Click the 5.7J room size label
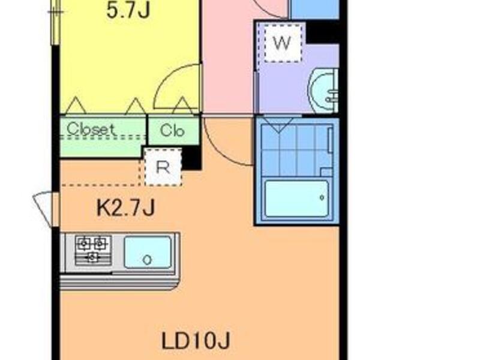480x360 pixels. click(128, 11)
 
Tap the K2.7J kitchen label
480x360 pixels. click(126, 208)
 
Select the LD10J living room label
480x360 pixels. click(196, 340)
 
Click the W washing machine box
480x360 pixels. click(283, 43)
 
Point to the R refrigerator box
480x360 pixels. click(163, 167)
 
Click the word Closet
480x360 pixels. click(92, 129)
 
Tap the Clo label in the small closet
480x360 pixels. click(172, 131)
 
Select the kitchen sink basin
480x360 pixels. click(148, 253)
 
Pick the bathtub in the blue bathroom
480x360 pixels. click(296, 199)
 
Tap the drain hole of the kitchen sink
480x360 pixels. click(147, 260)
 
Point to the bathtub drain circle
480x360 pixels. click(322, 197)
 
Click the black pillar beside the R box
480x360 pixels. click(191, 158)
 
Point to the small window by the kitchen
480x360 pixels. click(47, 209)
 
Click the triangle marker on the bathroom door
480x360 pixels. click(278, 125)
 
